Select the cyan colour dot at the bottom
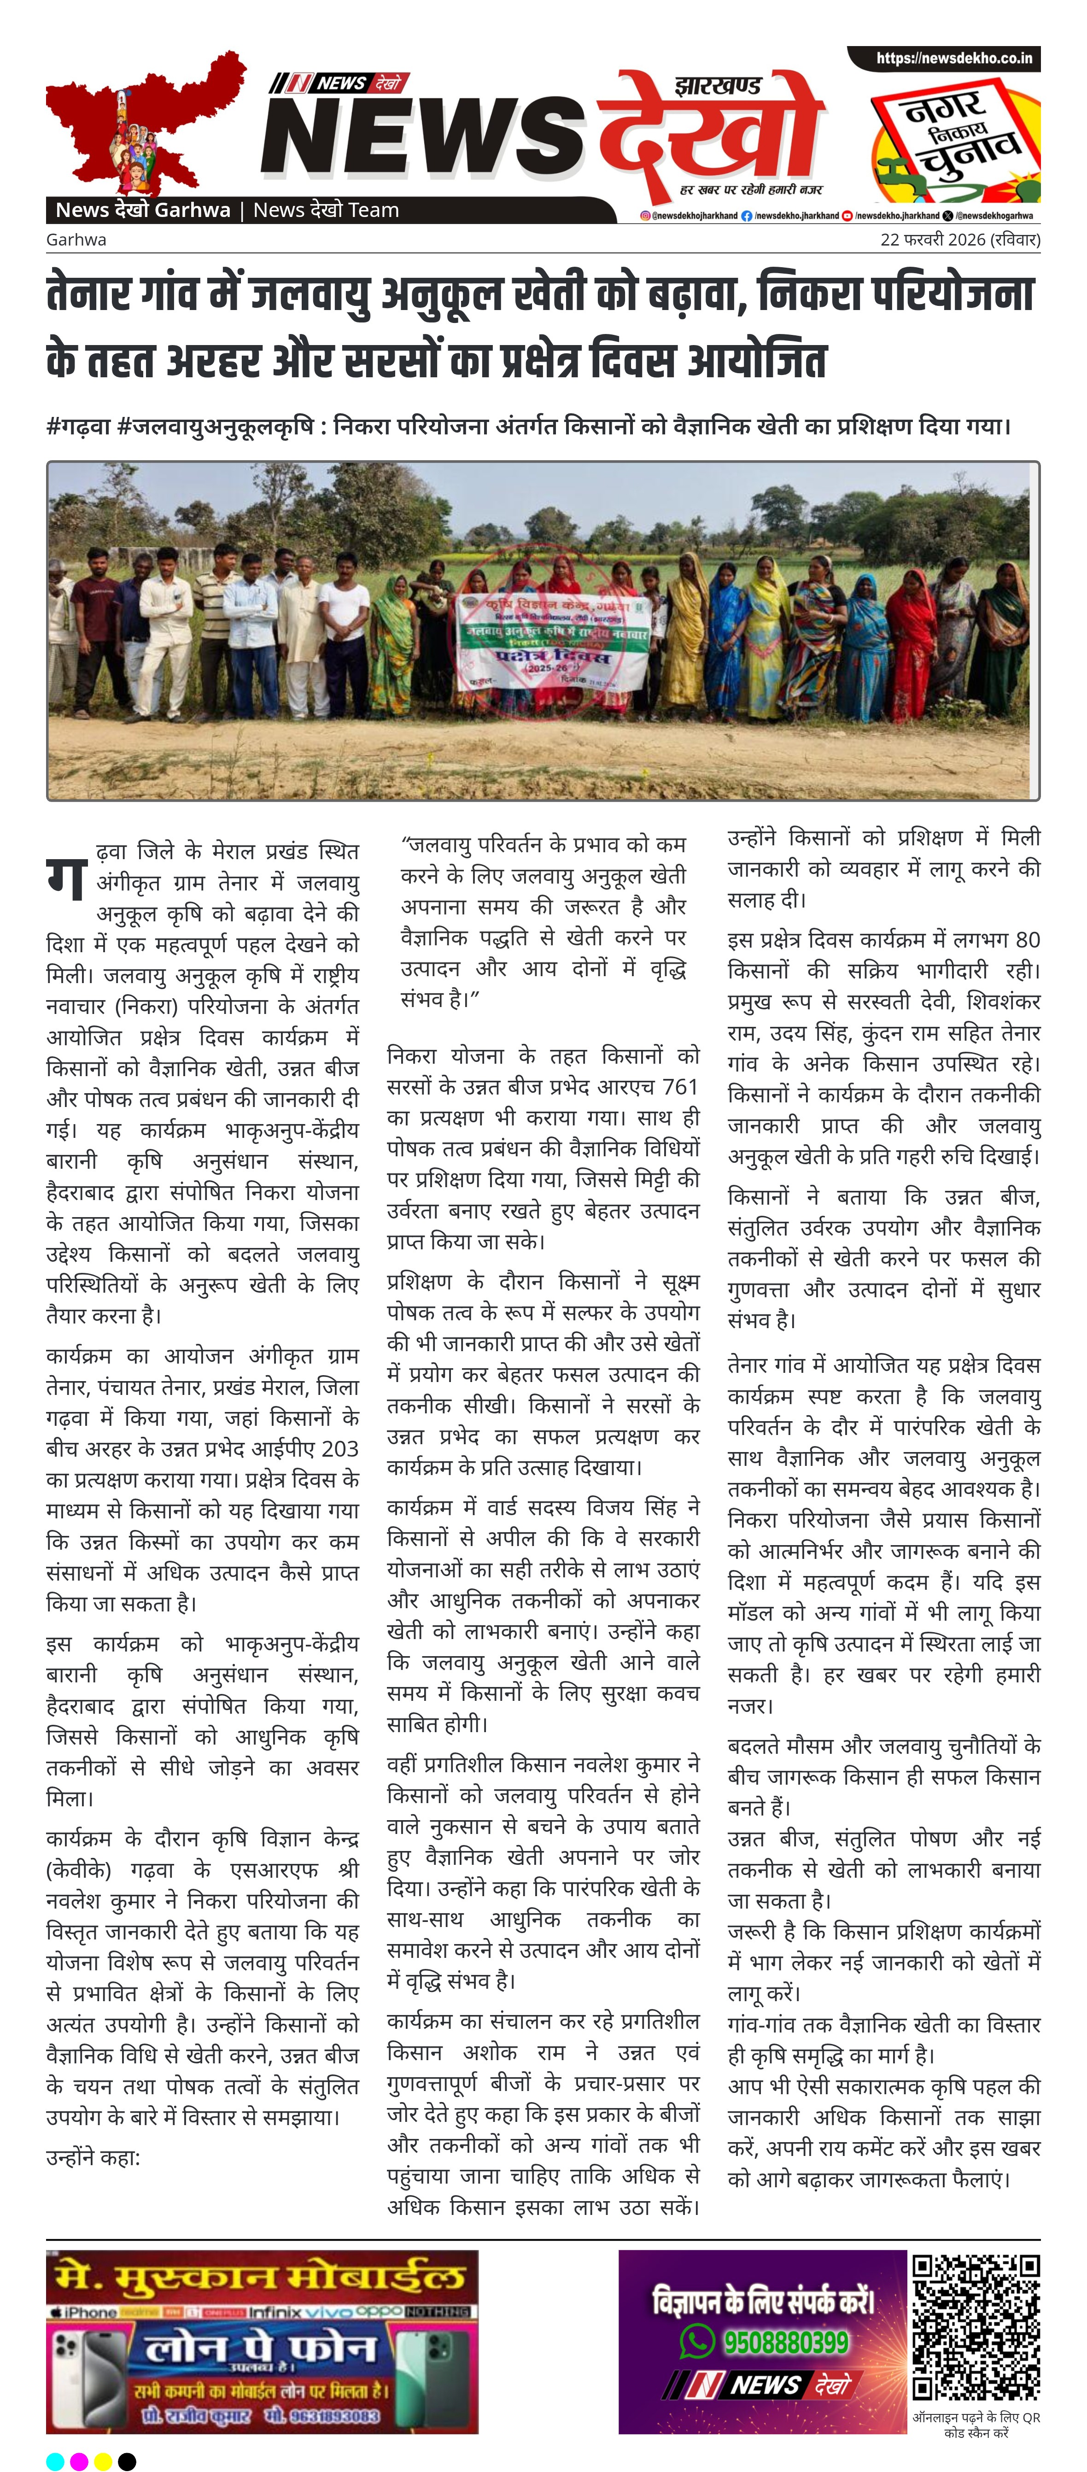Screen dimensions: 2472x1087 (56, 2460)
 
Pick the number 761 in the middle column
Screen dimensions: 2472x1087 (679, 1087)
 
